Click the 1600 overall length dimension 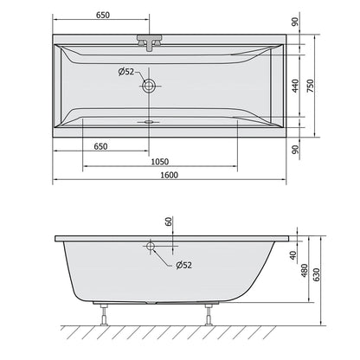[x=170, y=175]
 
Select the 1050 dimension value [x=160, y=162]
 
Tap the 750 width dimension [x=311, y=86]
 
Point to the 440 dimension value [x=295, y=86]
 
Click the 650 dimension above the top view [x=103, y=15]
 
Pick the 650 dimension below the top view [x=100, y=146]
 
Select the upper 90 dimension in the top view [x=295, y=22]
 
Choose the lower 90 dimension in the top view [x=295, y=150]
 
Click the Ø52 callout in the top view [x=126, y=72]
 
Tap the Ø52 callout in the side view [x=183, y=265]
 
